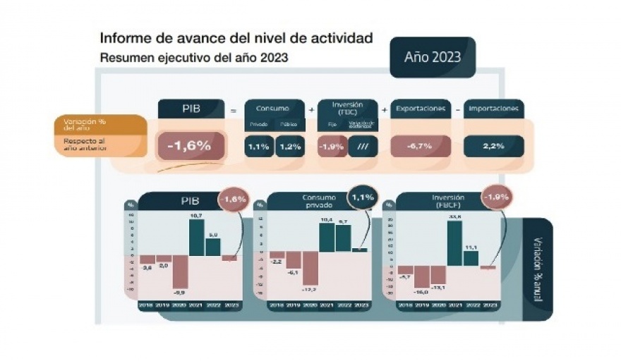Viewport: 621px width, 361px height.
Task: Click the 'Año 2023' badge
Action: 433,57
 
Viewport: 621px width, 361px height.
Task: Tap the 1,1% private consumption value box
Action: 259,147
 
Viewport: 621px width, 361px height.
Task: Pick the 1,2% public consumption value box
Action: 289,147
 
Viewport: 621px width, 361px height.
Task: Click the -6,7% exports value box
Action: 421,147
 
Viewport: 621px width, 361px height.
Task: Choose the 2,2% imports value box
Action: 493,147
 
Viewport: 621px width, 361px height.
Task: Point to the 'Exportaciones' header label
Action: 421,109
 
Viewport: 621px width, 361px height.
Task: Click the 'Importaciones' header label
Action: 494,109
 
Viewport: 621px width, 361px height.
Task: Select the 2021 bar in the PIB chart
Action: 196,237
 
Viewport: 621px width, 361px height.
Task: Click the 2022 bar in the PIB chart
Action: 212,246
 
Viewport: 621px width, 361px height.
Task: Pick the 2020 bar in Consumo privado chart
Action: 310,268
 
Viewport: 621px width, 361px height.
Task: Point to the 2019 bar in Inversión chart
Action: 422,276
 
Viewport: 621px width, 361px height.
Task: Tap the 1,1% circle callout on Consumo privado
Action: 362,197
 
